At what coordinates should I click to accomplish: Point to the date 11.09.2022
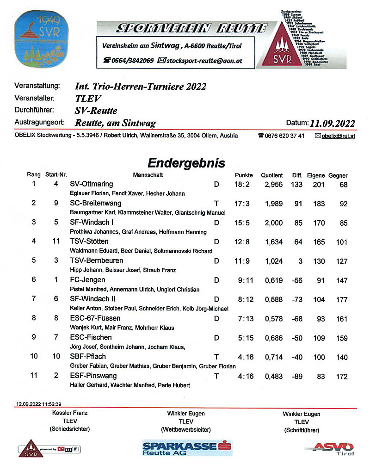(333, 124)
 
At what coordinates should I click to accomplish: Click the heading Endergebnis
(186, 163)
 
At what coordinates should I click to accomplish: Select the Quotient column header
(271, 175)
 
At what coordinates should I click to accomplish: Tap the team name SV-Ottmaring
(91, 184)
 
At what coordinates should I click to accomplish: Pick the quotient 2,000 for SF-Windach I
(273, 223)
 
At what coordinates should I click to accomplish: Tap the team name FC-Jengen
(87, 280)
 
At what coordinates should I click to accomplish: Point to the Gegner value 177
(342, 299)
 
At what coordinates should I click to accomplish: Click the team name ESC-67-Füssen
(95, 318)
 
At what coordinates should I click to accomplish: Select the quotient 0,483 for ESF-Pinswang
(273, 376)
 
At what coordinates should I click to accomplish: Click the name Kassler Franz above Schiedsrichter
(70, 413)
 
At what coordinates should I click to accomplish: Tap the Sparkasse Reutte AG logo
(187, 448)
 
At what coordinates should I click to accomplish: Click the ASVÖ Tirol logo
(333, 448)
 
